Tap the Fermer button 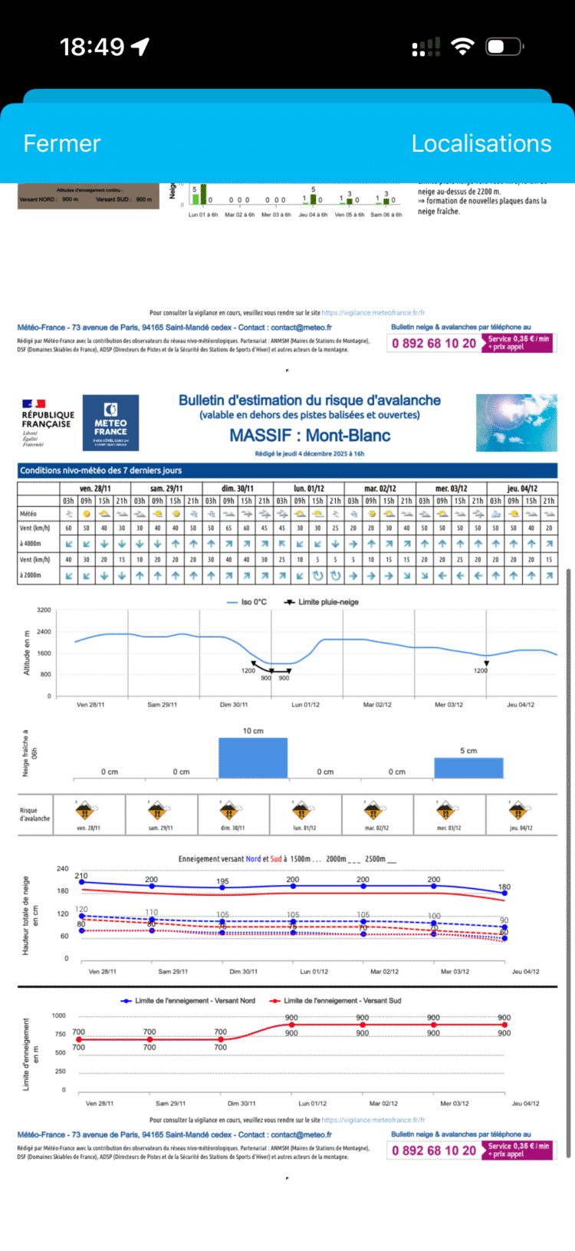coord(62,143)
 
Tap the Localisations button coord(481,143)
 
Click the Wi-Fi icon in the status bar coord(462,47)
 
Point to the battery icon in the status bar coord(504,47)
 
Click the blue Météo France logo coord(110,423)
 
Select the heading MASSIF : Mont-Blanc coord(310,436)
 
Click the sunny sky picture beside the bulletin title coord(516,423)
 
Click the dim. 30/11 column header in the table coord(238,488)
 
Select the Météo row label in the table coord(28,514)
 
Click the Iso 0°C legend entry coord(247,602)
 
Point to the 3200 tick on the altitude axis coord(44,611)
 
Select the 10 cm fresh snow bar coord(253,758)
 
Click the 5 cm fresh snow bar coord(468,768)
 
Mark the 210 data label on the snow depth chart coord(81,875)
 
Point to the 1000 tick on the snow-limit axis coord(59,1016)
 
